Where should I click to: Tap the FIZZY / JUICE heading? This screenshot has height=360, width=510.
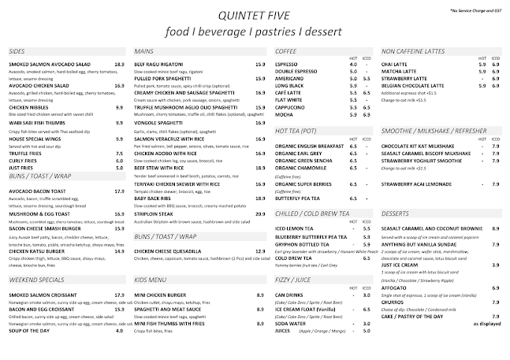point(292,278)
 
